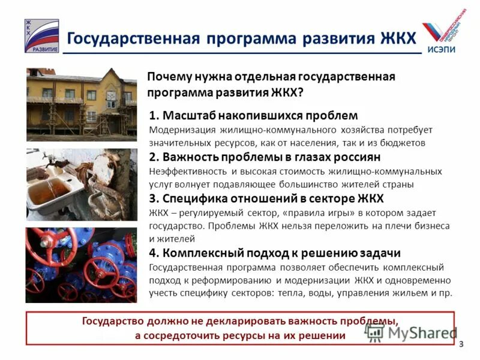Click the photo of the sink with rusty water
click(82, 185)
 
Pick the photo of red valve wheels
click(82, 265)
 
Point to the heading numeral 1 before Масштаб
click(152, 115)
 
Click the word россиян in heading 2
click(356, 157)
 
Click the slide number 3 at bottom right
click(461, 343)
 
